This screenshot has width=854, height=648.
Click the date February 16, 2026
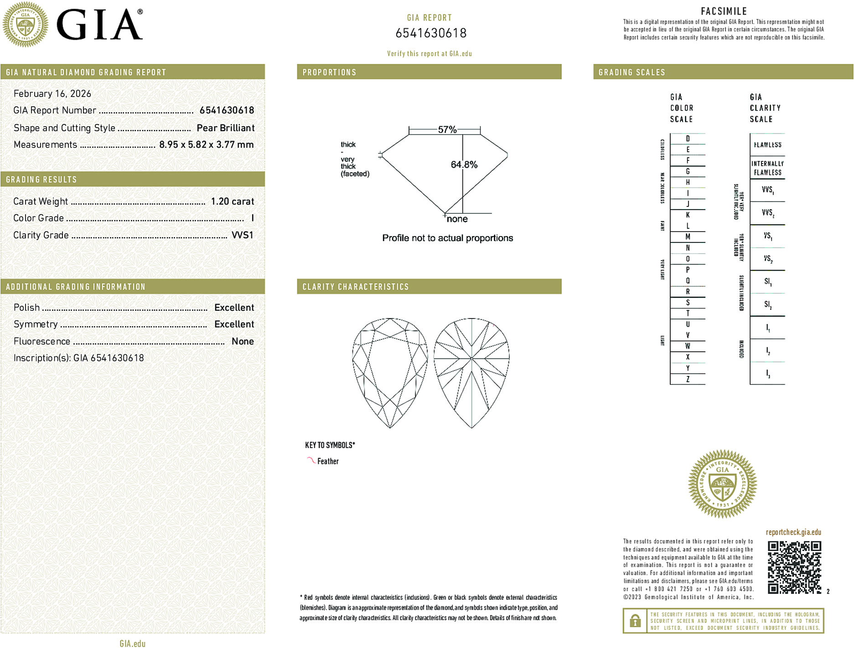tap(52, 94)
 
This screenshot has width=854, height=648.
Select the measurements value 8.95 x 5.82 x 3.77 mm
tap(206, 145)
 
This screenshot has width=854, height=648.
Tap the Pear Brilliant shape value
tap(225, 128)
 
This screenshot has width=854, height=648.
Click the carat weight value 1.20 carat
tap(232, 201)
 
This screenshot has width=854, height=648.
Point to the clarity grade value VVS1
tap(242, 235)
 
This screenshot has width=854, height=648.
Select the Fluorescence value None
tap(243, 341)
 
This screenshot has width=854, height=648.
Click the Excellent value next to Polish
tap(234, 308)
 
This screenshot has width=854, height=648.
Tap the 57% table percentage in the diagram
tap(447, 130)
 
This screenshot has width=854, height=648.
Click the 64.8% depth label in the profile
tap(464, 165)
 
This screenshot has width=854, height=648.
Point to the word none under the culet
tap(457, 219)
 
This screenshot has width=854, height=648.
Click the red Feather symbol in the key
tap(311, 460)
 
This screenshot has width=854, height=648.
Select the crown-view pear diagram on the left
tap(390, 373)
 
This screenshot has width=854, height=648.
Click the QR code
tap(794, 567)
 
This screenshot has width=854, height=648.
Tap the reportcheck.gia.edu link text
tap(793, 532)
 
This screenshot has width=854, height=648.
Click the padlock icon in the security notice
tap(635, 621)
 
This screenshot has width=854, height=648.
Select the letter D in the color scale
tap(688, 139)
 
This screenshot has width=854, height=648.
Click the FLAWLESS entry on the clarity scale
tap(767, 145)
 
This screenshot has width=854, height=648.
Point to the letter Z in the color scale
tap(688, 379)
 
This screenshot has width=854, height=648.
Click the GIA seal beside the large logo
tap(25, 25)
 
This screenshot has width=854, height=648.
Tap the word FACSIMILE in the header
tap(724, 11)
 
